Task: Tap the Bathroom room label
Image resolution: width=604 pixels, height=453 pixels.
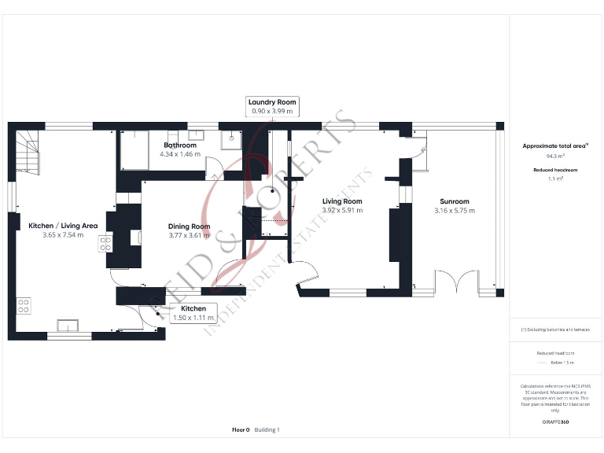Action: tap(179, 145)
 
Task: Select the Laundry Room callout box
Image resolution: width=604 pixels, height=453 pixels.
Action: tap(272, 106)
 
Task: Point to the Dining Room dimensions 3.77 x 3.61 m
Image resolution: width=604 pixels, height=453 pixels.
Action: tap(189, 235)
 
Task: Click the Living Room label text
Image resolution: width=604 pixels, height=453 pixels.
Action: tap(342, 201)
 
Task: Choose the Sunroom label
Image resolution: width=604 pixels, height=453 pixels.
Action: tap(455, 201)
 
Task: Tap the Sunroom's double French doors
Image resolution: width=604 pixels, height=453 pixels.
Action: tap(456, 282)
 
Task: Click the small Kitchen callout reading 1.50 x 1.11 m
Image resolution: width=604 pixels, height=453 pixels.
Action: tap(193, 313)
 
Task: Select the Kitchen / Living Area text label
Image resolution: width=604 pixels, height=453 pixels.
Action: tap(63, 226)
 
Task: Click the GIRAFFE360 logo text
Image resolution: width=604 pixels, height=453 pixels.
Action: tap(555, 422)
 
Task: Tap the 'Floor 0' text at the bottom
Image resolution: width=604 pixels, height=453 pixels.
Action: tap(241, 430)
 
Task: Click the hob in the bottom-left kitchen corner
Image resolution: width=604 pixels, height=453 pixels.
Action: tap(24, 305)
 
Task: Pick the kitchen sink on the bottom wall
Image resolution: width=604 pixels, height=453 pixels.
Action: tap(68, 325)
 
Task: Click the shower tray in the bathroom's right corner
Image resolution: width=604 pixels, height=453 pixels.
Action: tap(232, 139)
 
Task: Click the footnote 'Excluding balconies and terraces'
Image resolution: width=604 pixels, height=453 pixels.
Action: tap(555, 330)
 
